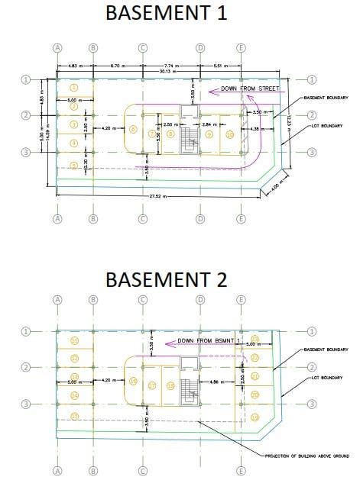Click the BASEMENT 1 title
(166, 13)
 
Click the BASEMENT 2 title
(166, 279)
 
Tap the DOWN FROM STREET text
(250, 89)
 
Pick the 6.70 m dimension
(118, 67)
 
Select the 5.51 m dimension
(221, 67)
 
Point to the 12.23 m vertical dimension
(288, 121)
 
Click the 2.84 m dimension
(206, 124)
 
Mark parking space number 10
(230, 135)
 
